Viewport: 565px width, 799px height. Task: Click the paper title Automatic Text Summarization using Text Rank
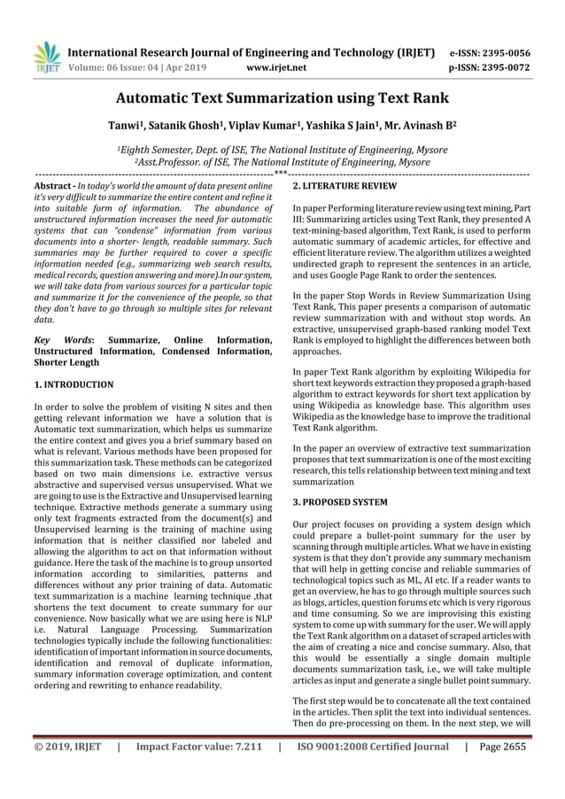(282, 98)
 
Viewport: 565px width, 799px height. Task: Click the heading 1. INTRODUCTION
(73, 384)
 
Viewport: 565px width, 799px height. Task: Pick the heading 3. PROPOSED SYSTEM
(339, 502)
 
